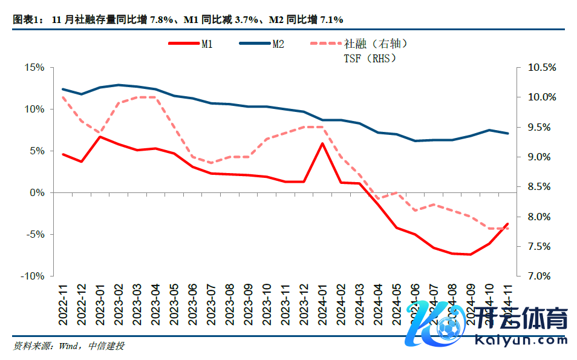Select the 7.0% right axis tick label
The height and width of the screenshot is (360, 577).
pos(541,276)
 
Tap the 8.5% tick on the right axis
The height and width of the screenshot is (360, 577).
pos(541,186)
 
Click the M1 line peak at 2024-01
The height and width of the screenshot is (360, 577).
pos(322,143)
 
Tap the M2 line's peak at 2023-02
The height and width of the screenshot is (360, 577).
pos(119,85)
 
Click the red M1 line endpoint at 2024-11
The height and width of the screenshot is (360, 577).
pos(507,224)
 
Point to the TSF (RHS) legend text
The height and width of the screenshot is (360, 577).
pos(370,58)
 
